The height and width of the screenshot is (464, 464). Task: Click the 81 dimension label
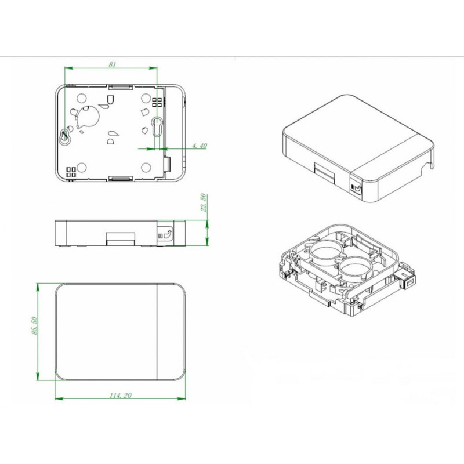coord(112,64)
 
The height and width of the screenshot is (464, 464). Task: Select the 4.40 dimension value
coord(200,146)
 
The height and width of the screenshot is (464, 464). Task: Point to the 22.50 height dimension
coord(204,202)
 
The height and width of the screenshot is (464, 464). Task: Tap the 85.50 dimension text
coord(34,326)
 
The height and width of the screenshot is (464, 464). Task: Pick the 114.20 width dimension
coord(120,396)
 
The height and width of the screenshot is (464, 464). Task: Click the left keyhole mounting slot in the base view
coord(64,137)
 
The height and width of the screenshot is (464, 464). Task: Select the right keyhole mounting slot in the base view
coord(157,126)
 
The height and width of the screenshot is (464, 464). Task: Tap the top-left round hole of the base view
coord(81,98)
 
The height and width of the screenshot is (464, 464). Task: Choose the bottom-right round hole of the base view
coord(146,168)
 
